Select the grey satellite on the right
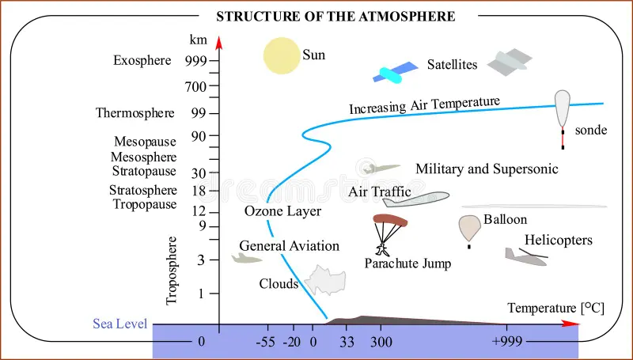pyautogui.click(x=509, y=63)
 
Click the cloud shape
pyautogui.click(x=327, y=281)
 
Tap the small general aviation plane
pyautogui.click(x=245, y=258)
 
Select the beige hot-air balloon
pyautogui.click(x=469, y=229)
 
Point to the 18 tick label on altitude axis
pyautogui.click(x=199, y=191)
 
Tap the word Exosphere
pyautogui.click(x=142, y=61)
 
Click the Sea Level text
pyautogui.click(x=119, y=324)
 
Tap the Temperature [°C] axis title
pyautogui.click(x=555, y=308)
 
